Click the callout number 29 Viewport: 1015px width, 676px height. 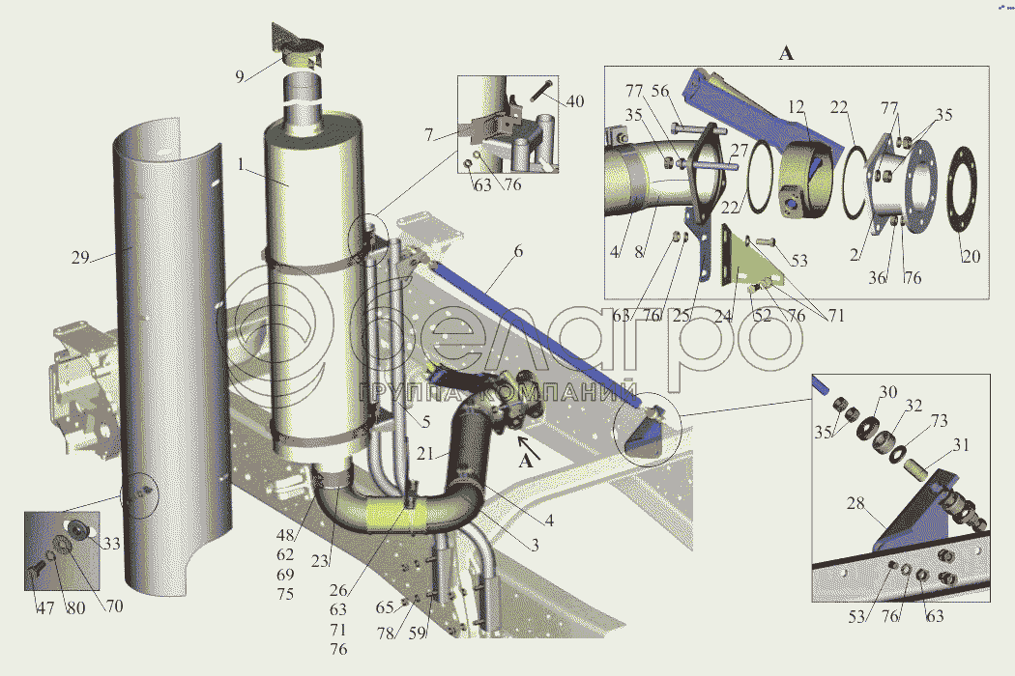[80, 258]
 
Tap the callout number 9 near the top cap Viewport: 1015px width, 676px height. [240, 77]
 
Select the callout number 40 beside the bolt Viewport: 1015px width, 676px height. [575, 101]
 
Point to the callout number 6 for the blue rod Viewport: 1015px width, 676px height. [518, 251]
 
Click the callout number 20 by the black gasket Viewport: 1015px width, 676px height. [971, 257]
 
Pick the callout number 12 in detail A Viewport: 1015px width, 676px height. [796, 106]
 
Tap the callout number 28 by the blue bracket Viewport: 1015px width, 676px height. [855, 503]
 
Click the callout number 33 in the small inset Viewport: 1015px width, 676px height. [112, 544]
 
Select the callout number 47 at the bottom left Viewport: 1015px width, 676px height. [44, 608]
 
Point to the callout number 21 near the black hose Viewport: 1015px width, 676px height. [424, 454]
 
